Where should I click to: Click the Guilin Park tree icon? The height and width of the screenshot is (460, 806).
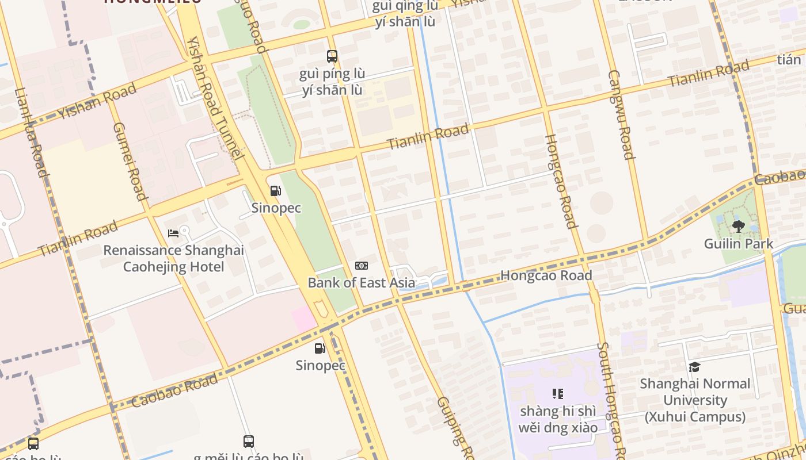pyautogui.click(x=739, y=226)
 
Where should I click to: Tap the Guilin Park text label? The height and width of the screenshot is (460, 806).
pyautogui.click(x=739, y=244)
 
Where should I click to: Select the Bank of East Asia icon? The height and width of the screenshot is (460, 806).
pyautogui.click(x=362, y=265)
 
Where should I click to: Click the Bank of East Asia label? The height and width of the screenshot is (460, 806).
pyautogui.click(x=361, y=282)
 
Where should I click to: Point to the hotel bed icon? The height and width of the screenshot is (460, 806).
pyautogui.click(x=173, y=233)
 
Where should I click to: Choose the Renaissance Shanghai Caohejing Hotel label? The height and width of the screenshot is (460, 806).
pyautogui.click(x=173, y=259)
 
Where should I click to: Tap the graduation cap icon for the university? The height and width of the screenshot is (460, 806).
pyautogui.click(x=695, y=367)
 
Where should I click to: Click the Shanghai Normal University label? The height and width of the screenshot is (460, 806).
pyautogui.click(x=695, y=400)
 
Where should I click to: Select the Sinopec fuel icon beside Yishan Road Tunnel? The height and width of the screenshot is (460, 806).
pyautogui.click(x=276, y=191)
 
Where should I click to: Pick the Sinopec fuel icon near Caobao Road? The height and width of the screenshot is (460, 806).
pyautogui.click(x=320, y=348)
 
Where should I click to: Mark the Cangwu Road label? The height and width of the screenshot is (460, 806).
pyautogui.click(x=621, y=115)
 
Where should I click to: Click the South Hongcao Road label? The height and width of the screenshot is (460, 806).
pyautogui.click(x=611, y=400)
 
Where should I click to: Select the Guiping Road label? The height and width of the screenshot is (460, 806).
pyautogui.click(x=455, y=428)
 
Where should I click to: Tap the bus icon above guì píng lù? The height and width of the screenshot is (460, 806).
pyautogui.click(x=332, y=56)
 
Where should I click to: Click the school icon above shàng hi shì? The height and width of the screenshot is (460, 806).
pyautogui.click(x=557, y=394)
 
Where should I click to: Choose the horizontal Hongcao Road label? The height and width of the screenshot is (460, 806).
pyautogui.click(x=546, y=275)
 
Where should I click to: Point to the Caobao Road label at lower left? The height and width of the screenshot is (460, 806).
pyautogui.click(x=174, y=390)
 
